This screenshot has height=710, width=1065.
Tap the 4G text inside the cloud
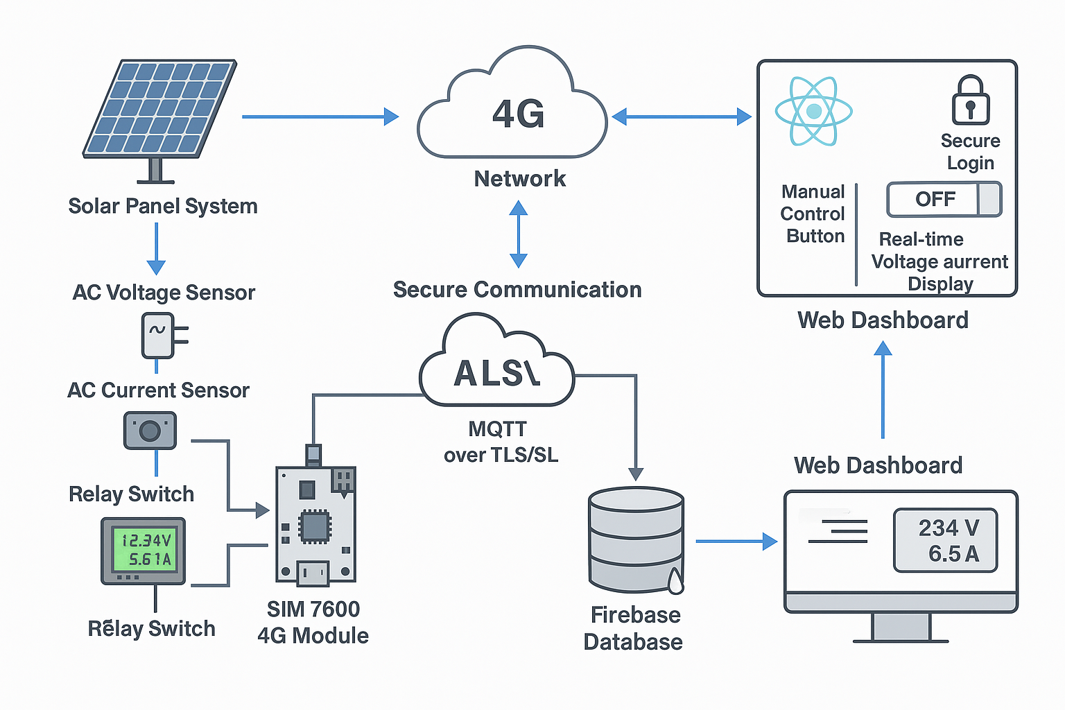coord(519,114)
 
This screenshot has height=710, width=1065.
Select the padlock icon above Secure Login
coord(970,101)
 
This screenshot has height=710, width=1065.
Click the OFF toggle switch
coord(944,200)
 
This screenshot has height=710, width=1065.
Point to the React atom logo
coord(813,111)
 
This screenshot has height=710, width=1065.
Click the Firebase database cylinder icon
coord(636,540)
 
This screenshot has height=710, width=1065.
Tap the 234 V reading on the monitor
coord(948,528)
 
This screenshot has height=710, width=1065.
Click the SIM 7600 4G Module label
coord(313,622)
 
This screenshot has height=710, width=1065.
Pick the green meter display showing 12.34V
coord(144,550)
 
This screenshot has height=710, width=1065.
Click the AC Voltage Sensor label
coord(164,293)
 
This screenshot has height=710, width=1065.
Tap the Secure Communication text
coord(517,290)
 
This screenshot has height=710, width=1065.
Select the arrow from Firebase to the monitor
coord(736,541)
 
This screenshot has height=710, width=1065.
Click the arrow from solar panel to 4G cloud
coord(320,116)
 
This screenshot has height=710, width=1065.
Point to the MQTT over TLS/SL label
coord(500,442)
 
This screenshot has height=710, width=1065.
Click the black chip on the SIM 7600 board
coord(314,526)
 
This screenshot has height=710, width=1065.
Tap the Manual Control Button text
coord(813,214)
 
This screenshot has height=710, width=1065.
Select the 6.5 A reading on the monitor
coord(953,554)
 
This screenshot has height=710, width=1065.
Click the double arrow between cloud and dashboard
coord(682,116)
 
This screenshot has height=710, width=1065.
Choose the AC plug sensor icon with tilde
coord(159,336)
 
